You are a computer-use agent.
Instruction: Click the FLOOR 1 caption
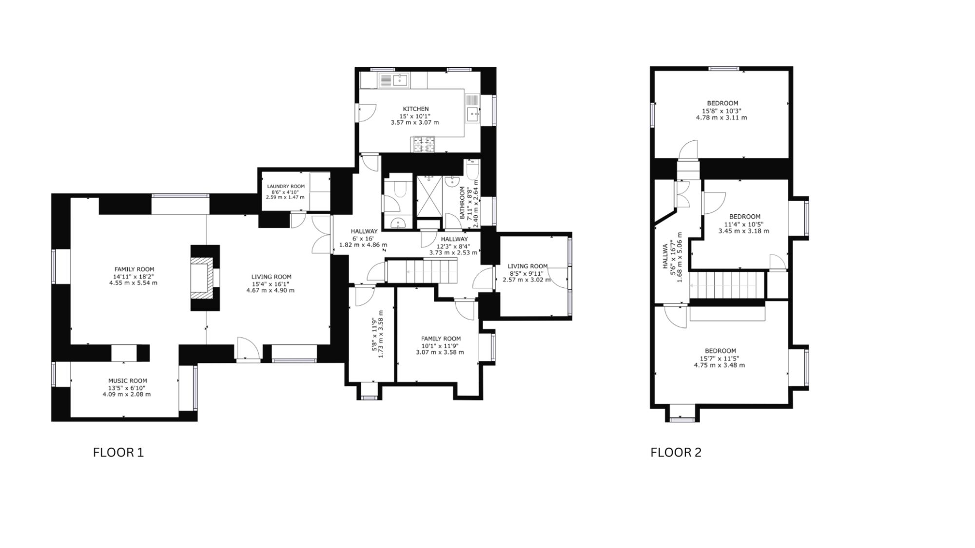(118, 453)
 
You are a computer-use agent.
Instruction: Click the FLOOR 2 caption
(676, 453)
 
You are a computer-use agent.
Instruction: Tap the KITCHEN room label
(416, 109)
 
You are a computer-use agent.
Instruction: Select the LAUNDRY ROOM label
(286, 187)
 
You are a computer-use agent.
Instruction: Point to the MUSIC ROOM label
(127, 381)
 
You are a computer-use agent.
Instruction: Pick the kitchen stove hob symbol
(424, 144)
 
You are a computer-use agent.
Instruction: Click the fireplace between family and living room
(204, 278)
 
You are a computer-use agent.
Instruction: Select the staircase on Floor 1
(422, 271)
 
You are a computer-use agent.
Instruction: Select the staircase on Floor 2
(726, 284)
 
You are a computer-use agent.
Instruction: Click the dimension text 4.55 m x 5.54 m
(133, 283)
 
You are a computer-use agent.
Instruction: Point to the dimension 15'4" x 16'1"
(271, 284)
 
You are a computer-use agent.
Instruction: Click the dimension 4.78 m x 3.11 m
(721, 118)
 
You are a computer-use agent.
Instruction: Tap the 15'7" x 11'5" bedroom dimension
(720, 359)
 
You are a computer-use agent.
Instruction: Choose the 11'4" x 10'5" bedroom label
(744, 225)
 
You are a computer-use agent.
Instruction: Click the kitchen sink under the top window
(395, 80)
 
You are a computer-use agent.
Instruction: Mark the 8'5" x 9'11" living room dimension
(526, 273)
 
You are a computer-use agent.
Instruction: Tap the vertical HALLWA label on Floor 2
(665, 257)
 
